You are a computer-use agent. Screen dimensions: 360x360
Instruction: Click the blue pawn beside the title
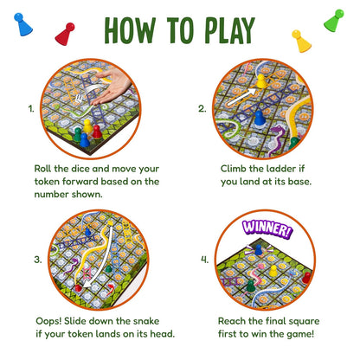click(x=22, y=24)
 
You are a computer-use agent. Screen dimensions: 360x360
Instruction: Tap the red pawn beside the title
click(x=65, y=34)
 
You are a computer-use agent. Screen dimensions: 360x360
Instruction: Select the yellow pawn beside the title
click(x=301, y=41)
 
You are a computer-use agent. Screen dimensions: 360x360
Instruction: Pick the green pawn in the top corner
click(x=334, y=21)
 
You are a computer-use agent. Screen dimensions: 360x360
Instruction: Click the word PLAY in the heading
click(x=230, y=30)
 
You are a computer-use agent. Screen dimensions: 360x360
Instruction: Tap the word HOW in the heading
click(x=130, y=30)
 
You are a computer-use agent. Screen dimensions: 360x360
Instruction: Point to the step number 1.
click(x=31, y=109)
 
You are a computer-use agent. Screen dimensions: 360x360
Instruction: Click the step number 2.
click(x=202, y=109)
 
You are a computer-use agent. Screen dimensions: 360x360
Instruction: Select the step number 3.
click(x=38, y=260)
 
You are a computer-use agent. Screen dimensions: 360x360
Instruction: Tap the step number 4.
click(x=204, y=260)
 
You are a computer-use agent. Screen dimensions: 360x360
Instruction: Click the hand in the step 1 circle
click(x=110, y=87)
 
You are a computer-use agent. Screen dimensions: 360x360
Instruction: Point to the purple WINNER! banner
click(x=267, y=229)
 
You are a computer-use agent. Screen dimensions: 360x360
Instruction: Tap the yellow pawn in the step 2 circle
click(x=261, y=81)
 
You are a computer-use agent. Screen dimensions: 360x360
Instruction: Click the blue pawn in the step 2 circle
click(x=260, y=118)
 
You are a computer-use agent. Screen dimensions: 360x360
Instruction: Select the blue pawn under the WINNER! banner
click(x=259, y=250)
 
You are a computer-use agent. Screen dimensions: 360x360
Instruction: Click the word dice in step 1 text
click(x=80, y=169)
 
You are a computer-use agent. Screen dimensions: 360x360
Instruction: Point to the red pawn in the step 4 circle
click(x=306, y=278)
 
